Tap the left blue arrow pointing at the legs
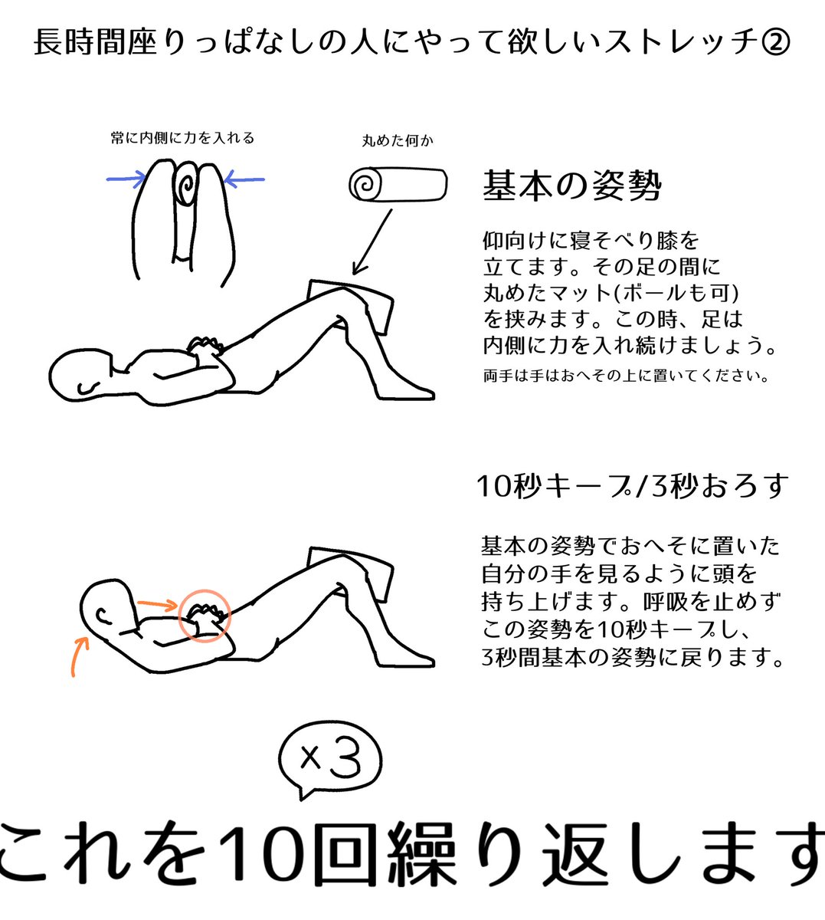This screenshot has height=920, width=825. tap(126, 180)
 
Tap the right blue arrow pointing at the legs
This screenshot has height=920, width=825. tap(244, 180)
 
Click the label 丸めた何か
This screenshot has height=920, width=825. tap(398, 141)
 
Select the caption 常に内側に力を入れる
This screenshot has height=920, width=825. tap(182, 138)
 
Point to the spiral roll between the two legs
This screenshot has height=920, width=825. tap(185, 185)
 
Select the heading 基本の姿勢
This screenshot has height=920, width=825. tap(571, 185)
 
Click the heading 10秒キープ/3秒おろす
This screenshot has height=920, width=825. tap(632, 485)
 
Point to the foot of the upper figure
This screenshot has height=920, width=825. tap(406, 390)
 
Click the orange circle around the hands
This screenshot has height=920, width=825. tap(204, 615)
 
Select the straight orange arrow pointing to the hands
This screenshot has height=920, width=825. tap(157, 606)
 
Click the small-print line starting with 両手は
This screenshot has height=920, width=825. tap(625, 376)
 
